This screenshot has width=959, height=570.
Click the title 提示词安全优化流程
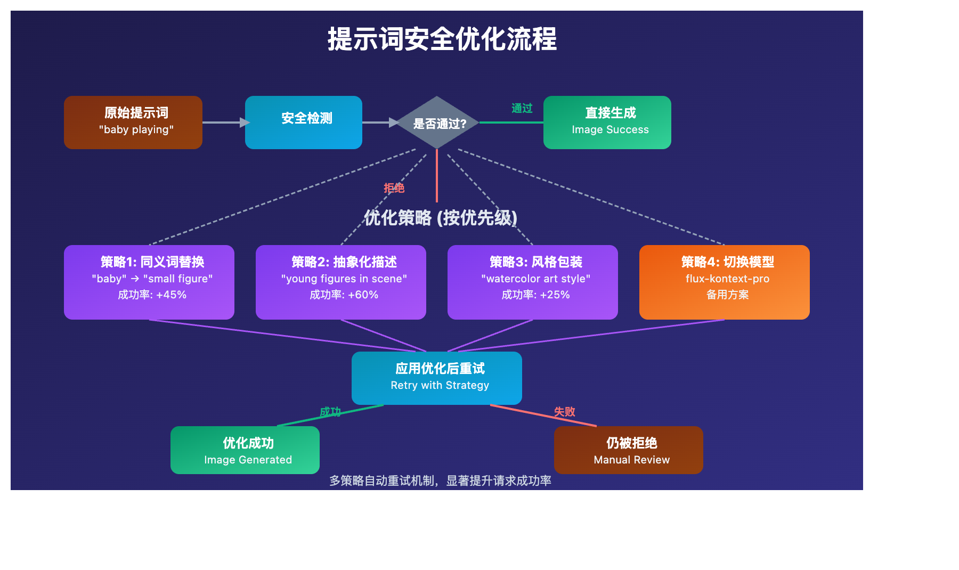point(442,39)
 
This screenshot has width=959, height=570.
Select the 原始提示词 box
point(133,123)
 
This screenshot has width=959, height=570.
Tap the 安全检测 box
point(304,123)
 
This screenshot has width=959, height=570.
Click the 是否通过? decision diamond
point(437,123)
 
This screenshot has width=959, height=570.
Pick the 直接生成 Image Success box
point(607,123)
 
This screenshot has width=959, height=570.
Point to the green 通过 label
point(522,109)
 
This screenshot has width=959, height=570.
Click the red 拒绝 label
point(394,188)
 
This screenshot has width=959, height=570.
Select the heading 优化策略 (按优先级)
point(440,218)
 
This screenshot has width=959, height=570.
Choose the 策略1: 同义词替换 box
point(149,282)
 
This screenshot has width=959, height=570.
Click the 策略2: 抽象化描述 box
point(341,282)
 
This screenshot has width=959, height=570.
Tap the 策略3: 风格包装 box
point(533,282)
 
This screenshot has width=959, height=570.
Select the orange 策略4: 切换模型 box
point(725,282)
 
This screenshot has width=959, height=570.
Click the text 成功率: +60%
point(344,295)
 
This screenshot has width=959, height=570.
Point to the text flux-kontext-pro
point(727,279)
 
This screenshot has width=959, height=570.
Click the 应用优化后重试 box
point(437,378)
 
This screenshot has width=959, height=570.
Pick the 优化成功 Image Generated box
point(245,450)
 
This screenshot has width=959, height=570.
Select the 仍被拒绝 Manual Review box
point(629,450)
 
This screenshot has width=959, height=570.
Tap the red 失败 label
point(564,412)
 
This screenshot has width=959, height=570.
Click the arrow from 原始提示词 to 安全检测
point(224,123)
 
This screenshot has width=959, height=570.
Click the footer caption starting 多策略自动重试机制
point(440,481)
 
